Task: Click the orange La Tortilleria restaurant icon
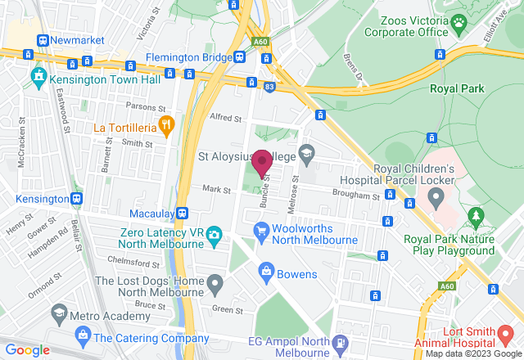pyautogui.click(x=166, y=124)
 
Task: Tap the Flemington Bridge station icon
pyautogui.click(x=239, y=56)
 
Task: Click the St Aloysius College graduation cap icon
pyautogui.click(x=305, y=152)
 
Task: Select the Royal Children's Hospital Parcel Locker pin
pyautogui.click(x=436, y=196)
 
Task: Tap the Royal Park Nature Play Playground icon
pyautogui.click(x=474, y=216)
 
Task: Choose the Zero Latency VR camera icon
pyautogui.click(x=214, y=235)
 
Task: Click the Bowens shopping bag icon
pyautogui.click(x=265, y=271)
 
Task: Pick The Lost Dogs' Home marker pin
pyautogui.click(x=215, y=286)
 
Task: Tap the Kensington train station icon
pyautogui.click(x=76, y=199)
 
